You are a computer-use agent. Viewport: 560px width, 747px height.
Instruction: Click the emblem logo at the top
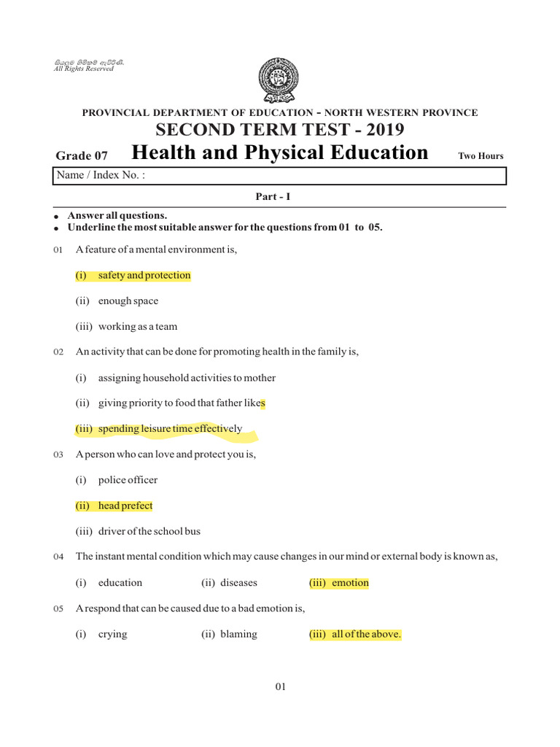click(278, 80)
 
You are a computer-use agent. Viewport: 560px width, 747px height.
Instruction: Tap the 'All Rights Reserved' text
click(84, 69)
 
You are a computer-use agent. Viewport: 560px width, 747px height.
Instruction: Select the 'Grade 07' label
click(82, 155)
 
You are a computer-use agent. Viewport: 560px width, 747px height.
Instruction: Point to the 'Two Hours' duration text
click(481, 155)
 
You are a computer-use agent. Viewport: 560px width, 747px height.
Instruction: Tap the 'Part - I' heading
click(279, 197)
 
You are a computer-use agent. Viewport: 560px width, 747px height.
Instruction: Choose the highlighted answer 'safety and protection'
click(144, 276)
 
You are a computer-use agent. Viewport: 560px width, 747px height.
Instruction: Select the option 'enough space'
click(128, 301)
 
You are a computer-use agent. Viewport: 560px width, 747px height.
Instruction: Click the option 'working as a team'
click(137, 327)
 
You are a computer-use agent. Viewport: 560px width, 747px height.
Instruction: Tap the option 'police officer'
click(128, 480)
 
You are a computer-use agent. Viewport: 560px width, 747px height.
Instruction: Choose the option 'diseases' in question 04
click(238, 583)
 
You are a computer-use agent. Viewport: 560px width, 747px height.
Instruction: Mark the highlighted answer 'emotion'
click(350, 583)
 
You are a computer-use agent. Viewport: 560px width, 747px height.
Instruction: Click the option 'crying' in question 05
click(112, 634)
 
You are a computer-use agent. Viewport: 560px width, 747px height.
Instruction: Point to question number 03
click(59, 455)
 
